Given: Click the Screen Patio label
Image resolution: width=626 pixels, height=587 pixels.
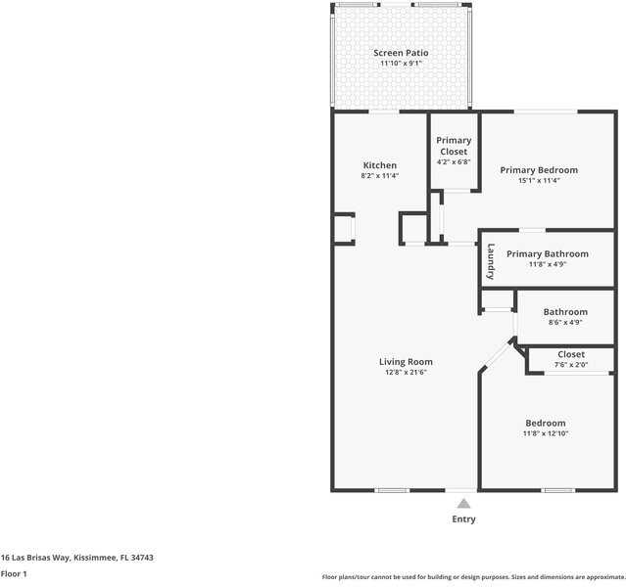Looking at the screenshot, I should click(401, 53).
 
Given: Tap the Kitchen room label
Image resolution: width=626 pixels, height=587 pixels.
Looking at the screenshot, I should click(379, 165).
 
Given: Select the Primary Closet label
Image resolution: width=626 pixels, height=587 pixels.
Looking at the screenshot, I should click(454, 146).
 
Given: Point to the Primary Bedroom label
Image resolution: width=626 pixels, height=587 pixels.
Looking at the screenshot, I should click(539, 170).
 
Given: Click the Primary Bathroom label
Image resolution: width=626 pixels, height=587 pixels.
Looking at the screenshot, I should click(548, 253).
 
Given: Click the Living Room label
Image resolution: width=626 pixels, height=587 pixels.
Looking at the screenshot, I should click(406, 362).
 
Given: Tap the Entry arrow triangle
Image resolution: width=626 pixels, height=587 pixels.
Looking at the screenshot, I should click(463, 503).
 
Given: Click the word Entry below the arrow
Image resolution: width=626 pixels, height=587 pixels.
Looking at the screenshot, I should click(463, 519).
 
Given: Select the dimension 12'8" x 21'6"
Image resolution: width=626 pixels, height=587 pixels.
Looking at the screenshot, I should click(406, 373).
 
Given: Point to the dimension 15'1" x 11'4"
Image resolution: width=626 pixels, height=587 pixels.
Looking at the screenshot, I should click(539, 181).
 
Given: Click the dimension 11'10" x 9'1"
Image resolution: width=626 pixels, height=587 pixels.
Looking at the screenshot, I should click(401, 64).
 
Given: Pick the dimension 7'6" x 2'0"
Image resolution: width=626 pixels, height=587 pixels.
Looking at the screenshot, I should click(571, 365).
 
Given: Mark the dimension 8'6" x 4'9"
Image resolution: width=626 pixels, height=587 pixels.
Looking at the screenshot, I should click(565, 323).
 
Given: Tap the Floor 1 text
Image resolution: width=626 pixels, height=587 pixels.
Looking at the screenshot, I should click(14, 573).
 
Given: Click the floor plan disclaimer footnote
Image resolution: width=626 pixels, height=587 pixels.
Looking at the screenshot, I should click(473, 577).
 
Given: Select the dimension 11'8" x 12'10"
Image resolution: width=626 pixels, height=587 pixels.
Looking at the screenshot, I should click(545, 433).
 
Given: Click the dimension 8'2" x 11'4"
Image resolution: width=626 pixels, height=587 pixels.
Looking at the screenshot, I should click(379, 176).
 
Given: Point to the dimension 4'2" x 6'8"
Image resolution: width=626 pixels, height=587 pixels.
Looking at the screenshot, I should click(454, 162).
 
